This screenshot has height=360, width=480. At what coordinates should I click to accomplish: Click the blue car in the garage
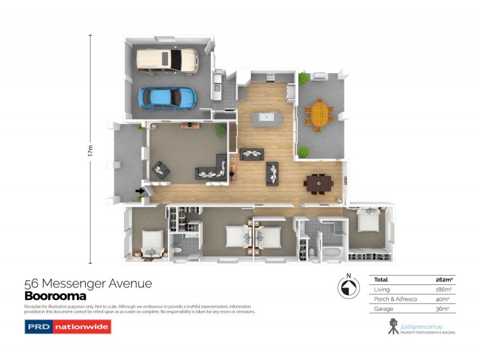[167, 97]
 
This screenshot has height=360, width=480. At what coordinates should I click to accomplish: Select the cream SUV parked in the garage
[167, 59]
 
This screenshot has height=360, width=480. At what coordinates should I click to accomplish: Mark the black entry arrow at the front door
[140, 191]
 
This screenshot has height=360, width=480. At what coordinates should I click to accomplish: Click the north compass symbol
[346, 290]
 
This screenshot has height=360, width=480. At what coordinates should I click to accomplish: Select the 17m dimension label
[91, 150]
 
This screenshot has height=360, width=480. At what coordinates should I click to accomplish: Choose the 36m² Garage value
[445, 308]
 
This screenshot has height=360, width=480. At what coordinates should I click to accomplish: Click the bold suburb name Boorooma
[55, 296]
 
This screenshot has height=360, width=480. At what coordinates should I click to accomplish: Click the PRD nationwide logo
[67, 328]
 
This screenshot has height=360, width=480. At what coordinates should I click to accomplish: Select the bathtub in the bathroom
[332, 252]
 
